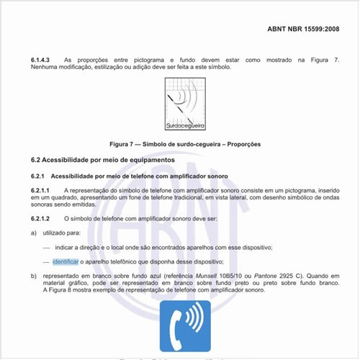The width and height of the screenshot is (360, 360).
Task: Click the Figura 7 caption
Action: tap(180, 144)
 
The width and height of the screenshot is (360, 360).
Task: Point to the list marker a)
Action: tap(33, 233)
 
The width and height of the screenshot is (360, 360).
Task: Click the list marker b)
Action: tap(33, 276)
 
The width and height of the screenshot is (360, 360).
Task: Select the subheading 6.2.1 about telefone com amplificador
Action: tap(130, 176)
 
